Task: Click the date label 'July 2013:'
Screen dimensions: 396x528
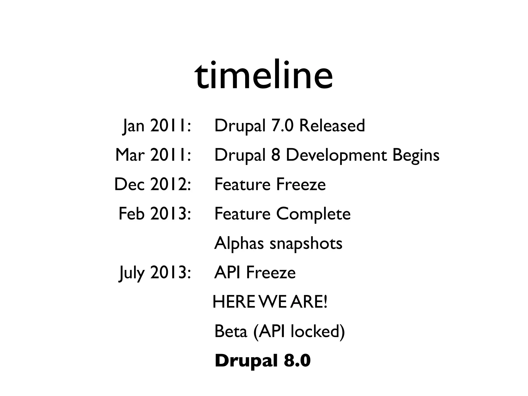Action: click(155, 273)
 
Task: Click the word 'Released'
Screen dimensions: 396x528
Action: click(332, 126)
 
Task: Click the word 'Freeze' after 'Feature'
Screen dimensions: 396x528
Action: click(301, 185)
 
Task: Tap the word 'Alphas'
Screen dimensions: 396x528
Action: click(239, 243)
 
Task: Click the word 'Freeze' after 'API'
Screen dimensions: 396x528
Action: click(271, 273)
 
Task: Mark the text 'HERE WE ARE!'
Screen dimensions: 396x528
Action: click(270, 302)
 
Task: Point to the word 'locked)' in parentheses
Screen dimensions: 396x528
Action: click(318, 332)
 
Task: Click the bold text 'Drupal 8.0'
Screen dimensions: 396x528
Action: click(262, 361)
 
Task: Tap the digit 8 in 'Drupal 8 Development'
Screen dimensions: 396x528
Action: click(276, 155)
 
